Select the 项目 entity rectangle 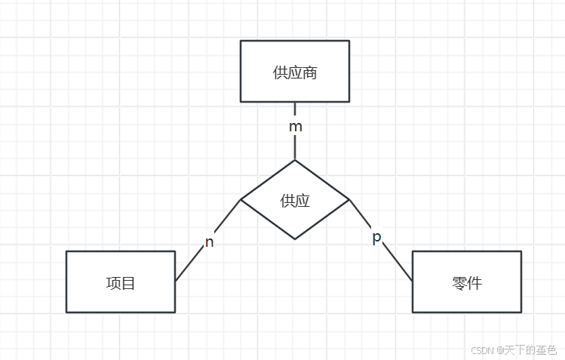[x=121, y=281]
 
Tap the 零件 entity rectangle [x=467, y=281]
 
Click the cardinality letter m [x=296, y=127]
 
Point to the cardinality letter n [x=210, y=242]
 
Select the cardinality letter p [x=377, y=238]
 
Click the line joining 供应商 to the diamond [x=295, y=147]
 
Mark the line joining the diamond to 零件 [x=398, y=262]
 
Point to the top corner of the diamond [x=295, y=160]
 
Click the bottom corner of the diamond [x=295, y=239]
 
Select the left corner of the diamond [x=241, y=199]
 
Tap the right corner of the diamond [x=349, y=199]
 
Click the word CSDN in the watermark [x=482, y=350]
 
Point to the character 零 [x=459, y=284]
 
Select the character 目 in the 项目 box [x=128, y=284]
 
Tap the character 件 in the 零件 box [x=474, y=284]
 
